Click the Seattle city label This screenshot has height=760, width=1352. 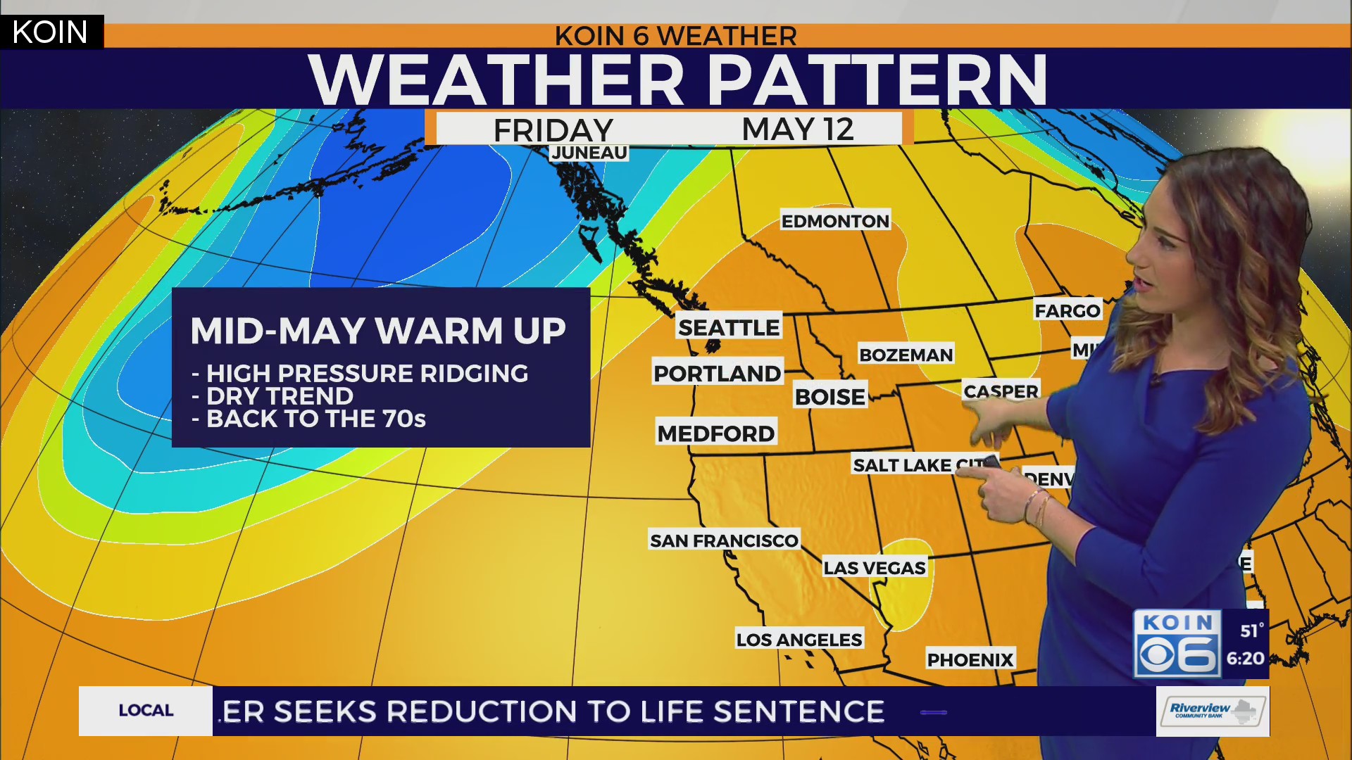pos(729,327)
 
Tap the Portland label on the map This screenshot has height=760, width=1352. pos(718,373)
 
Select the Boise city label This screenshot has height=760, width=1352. pos(830,397)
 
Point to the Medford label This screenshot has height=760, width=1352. pos(716,433)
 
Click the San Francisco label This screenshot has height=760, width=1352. pos(724,540)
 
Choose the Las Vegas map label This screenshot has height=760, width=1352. pos(875,568)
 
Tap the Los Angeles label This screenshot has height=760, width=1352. pos(799,640)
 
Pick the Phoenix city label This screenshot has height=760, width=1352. pos(970,660)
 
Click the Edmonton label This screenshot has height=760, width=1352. pos(835,221)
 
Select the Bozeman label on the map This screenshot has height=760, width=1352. pos(906,355)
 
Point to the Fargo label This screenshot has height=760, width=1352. pos(1068,310)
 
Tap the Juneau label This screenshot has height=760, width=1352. pos(589,153)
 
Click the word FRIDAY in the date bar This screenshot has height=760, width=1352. pos(553,130)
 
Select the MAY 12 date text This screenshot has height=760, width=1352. pos(798,129)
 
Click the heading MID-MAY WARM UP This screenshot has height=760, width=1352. pos(378,331)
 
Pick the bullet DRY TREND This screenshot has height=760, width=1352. pos(280,396)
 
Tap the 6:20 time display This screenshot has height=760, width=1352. pos(1246,659)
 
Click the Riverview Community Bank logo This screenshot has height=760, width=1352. pos(1212,711)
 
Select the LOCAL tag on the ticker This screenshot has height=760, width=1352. pos(146,711)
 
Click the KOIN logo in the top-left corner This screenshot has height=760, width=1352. pos(51,32)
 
